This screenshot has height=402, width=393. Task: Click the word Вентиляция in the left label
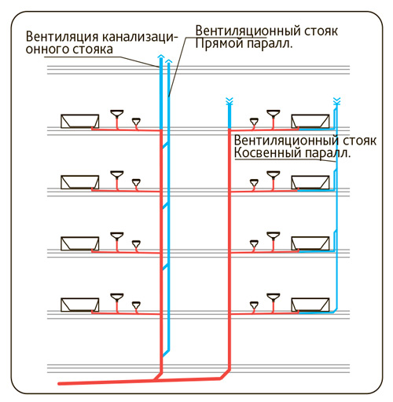(62, 37)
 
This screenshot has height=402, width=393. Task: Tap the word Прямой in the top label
(219, 44)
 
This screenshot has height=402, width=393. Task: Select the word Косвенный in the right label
(268, 153)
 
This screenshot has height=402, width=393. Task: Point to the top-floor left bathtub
(79, 121)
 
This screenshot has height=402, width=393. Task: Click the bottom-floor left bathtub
(79, 305)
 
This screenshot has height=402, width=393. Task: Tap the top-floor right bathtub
(310, 121)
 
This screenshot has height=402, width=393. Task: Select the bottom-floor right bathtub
(310, 305)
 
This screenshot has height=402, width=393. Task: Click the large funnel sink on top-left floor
(117, 114)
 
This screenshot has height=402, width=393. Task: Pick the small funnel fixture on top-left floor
(136, 122)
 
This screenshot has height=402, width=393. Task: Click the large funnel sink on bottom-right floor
(274, 298)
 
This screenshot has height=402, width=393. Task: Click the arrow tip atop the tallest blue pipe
(160, 56)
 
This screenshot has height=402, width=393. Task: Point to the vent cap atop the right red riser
(230, 101)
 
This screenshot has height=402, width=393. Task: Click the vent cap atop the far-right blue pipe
(336, 101)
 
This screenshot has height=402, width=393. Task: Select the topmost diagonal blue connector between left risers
(165, 145)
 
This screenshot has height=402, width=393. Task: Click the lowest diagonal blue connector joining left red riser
(166, 353)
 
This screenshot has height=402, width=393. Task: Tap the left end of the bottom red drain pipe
(59, 384)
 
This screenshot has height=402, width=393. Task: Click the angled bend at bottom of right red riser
(226, 374)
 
